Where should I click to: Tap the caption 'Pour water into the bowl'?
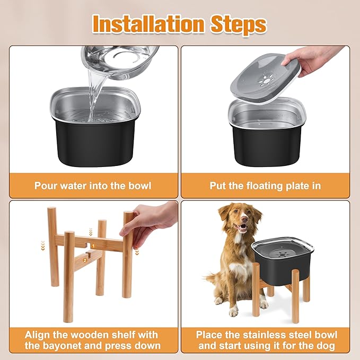pyautogui.click(x=93, y=186)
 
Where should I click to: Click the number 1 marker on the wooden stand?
pyautogui.click(x=92, y=246)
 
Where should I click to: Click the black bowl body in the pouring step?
pyautogui.click(x=94, y=137)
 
